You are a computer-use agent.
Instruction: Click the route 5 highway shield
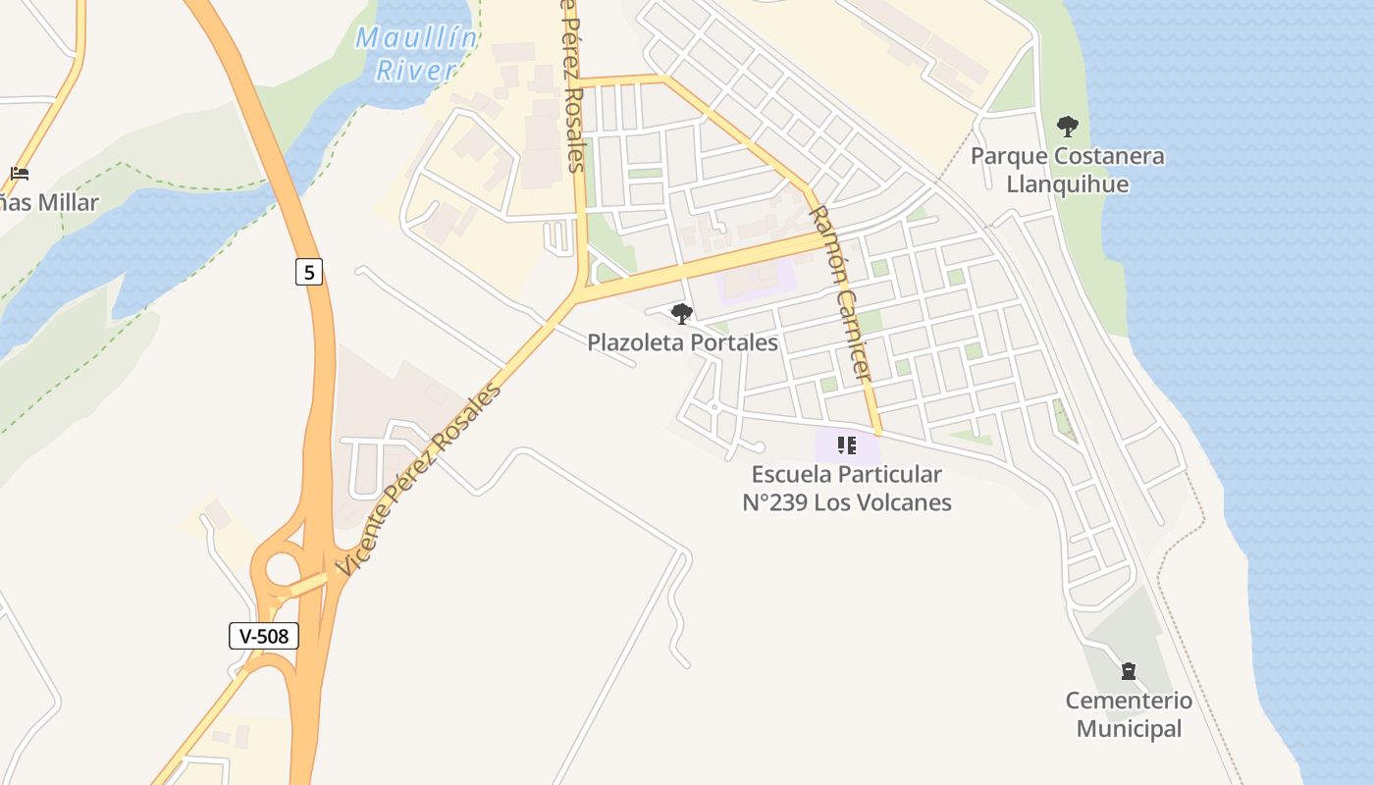(x=309, y=272)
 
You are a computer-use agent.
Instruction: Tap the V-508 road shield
(x=264, y=636)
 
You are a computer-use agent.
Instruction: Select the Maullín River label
(x=416, y=54)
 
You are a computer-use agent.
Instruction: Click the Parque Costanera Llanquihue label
(x=1068, y=170)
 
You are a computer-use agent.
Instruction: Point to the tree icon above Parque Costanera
(x=1068, y=127)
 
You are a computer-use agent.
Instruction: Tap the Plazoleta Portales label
(x=682, y=342)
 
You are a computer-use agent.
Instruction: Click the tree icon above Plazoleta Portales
(x=681, y=314)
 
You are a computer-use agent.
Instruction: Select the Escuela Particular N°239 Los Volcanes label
(x=847, y=488)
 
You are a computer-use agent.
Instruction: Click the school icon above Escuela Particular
(x=847, y=446)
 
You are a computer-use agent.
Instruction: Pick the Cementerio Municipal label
(x=1129, y=714)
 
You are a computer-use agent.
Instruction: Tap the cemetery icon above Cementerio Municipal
(x=1129, y=671)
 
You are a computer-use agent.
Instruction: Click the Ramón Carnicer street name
(x=840, y=292)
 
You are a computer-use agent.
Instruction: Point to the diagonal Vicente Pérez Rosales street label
(x=420, y=477)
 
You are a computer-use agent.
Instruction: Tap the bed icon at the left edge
(x=20, y=174)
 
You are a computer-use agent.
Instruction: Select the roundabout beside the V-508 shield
(x=282, y=570)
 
